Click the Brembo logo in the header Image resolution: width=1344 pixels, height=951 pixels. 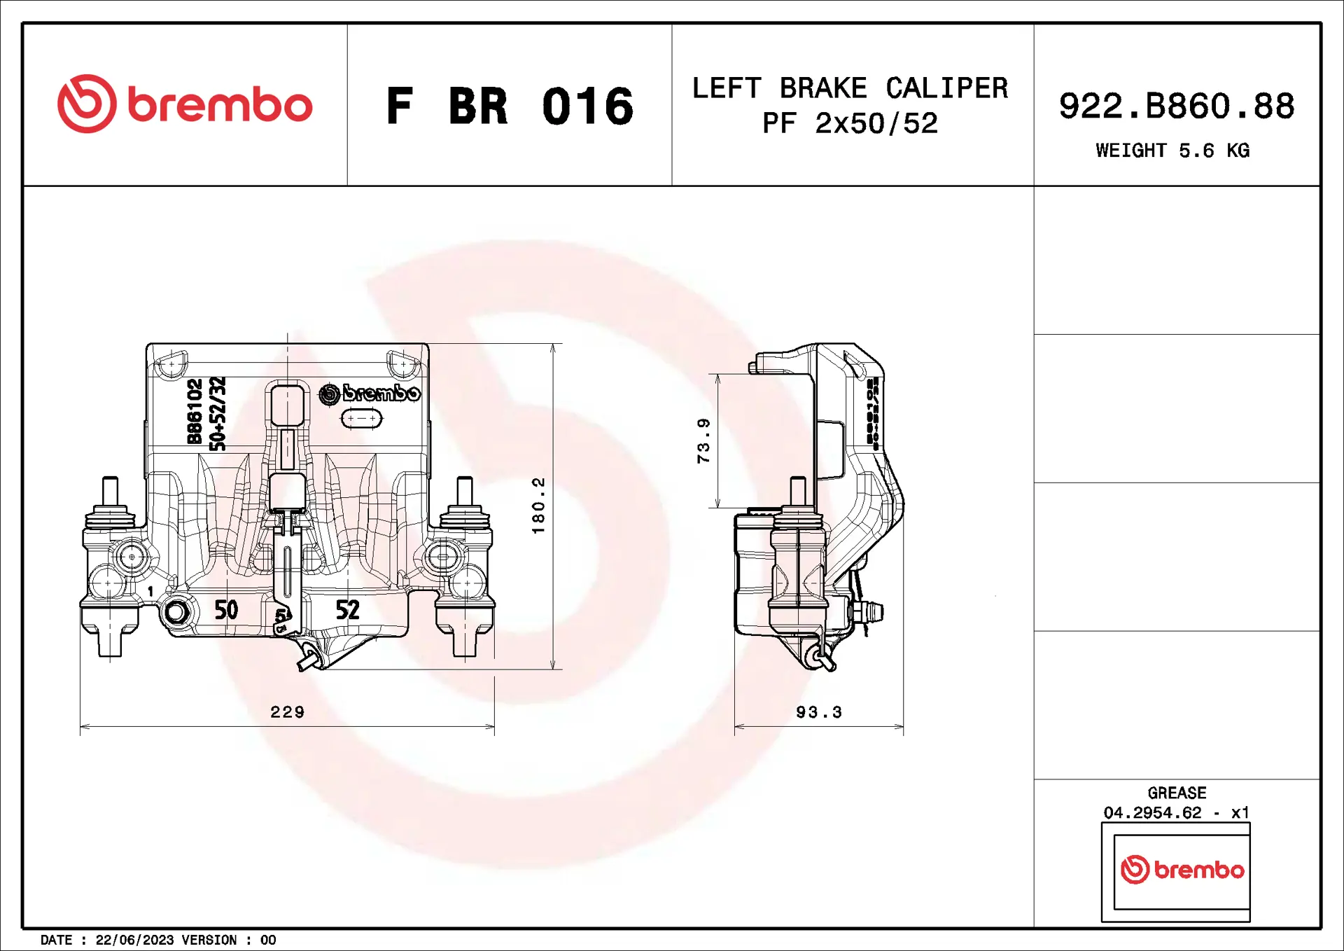[x=184, y=104]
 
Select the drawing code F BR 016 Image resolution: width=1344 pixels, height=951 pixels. [x=510, y=106]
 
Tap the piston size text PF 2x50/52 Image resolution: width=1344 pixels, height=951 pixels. [x=850, y=124]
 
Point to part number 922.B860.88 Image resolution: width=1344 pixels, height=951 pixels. [x=1177, y=106]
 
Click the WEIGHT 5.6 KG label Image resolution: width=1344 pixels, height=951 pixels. [x=1172, y=151]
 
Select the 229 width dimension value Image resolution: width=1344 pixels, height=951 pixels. [x=287, y=712]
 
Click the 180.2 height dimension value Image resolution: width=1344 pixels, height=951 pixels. [x=538, y=506]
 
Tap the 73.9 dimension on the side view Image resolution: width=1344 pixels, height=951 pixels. [x=703, y=440]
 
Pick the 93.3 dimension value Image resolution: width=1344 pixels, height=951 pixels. [x=818, y=712]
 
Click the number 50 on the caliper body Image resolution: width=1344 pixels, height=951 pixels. [x=226, y=610]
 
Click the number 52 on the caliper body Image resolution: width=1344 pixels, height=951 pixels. [x=347, y=610]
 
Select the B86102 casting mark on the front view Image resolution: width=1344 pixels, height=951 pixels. [x=195, y=412]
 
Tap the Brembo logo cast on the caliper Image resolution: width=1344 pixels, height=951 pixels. [x=370, y=394]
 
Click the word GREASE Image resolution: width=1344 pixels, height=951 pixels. [x=1177, y=793]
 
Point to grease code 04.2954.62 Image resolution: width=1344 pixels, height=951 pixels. [x=1152, y=813]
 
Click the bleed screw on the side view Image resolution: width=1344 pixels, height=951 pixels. [x=868, y=613]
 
